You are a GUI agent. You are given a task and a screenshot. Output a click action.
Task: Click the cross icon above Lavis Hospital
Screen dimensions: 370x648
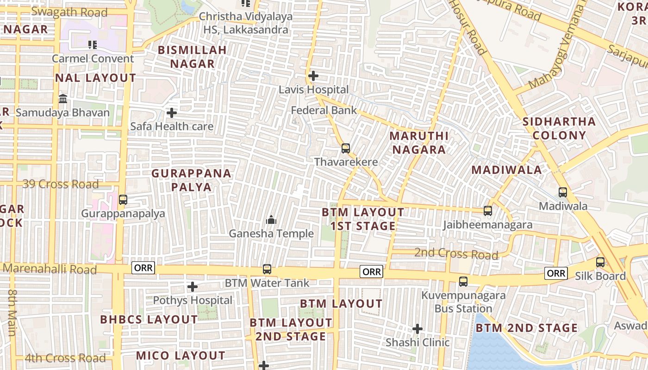[313, 75]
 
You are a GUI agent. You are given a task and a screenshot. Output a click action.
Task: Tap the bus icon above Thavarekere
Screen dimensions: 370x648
[346, 148]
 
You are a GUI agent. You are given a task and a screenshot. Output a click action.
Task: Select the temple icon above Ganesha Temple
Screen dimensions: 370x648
[271, 220]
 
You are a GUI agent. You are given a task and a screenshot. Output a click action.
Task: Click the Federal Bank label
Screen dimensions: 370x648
[324, 111]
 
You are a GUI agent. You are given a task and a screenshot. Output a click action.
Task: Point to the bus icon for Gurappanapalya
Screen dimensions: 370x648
[123, 200]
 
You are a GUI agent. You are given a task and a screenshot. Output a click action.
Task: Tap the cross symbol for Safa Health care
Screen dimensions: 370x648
[172, 113]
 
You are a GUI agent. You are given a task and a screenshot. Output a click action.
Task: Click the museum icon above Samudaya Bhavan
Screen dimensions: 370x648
[63, 99]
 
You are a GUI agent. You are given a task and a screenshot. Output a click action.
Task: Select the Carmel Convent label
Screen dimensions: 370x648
[93, 59]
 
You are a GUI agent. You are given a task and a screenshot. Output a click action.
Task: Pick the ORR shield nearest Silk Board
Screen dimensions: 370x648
[555, 273]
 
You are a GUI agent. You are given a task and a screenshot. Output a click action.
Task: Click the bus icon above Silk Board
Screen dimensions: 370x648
[600, 262]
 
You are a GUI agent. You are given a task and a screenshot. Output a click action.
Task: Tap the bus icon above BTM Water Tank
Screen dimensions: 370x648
[267, 269]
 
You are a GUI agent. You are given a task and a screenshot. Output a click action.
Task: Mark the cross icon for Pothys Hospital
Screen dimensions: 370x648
[193, 287]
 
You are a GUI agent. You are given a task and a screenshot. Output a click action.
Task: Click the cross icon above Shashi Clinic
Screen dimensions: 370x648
[417, 329]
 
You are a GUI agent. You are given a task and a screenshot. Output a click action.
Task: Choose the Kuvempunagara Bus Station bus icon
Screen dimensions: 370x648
[463, 282]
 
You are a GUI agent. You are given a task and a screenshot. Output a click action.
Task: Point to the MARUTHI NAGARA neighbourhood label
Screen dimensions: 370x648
[419, 142]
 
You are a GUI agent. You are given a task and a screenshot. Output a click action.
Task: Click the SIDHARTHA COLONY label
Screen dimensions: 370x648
[559, 129]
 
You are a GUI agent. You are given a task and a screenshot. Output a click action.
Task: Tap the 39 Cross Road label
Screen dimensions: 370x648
[61, 184]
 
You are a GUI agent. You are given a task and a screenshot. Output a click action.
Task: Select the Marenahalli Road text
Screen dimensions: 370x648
[50, 269]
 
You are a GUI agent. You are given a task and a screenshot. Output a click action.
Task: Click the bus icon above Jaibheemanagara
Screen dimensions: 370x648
[488, 211]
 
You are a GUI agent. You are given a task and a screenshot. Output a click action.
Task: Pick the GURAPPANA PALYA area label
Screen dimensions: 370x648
[192, 180]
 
